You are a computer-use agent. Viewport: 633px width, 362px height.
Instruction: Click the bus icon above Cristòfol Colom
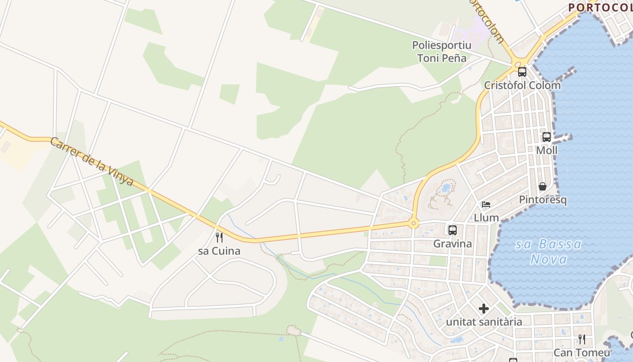pos(522,71)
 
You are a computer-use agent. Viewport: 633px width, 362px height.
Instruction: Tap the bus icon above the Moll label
pos(547,137)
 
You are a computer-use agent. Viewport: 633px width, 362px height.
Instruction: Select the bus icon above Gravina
pos(453,230)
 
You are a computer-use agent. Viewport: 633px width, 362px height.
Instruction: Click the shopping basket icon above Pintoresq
pos(543,186)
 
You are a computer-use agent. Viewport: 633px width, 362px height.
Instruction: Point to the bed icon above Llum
pos(486,205)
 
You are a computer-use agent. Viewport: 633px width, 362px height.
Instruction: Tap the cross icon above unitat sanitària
pos(484,309)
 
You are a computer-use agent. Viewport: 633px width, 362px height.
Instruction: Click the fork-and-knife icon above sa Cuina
pos(219,237)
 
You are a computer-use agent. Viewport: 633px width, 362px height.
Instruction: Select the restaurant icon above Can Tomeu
pos(582,339)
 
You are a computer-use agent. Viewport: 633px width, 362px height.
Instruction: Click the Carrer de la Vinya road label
pos(92,162)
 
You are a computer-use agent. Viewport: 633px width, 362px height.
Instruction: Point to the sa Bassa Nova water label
pos(548,252)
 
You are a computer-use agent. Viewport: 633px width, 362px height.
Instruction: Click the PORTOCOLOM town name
pos(600,7)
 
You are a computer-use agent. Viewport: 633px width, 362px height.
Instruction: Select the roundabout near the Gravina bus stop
pos(413,223)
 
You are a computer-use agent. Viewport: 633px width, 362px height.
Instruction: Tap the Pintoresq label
pos(543,200)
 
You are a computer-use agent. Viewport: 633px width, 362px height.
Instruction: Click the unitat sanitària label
pos(484,322)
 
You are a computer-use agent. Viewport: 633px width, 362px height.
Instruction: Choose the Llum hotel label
pos(486,218)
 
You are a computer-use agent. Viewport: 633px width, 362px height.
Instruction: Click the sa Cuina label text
pos(219,251)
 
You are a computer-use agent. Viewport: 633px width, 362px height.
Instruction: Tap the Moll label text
pos(547,150)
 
